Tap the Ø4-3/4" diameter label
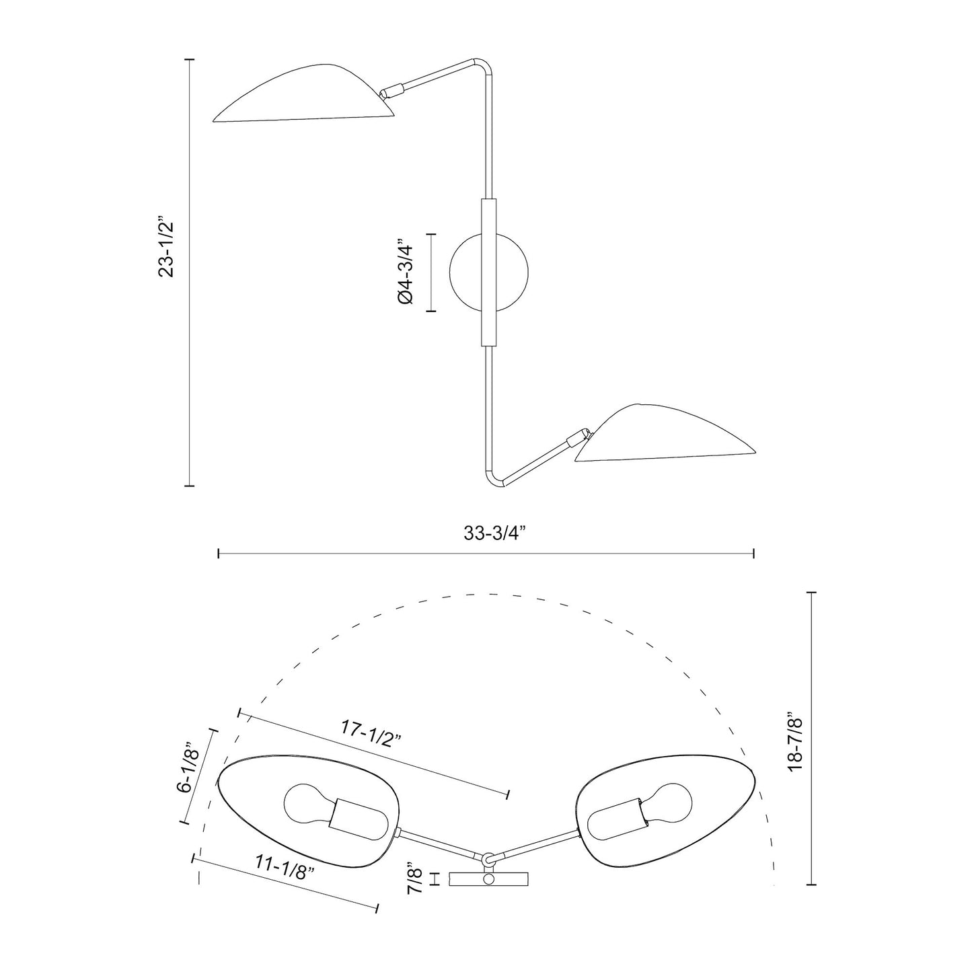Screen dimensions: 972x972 point(404,273)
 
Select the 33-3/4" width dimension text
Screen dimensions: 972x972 point(494,533)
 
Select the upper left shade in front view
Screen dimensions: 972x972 point(303,98)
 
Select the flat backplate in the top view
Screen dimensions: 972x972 point(489,879)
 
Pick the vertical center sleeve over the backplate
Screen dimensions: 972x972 point(488,272)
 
